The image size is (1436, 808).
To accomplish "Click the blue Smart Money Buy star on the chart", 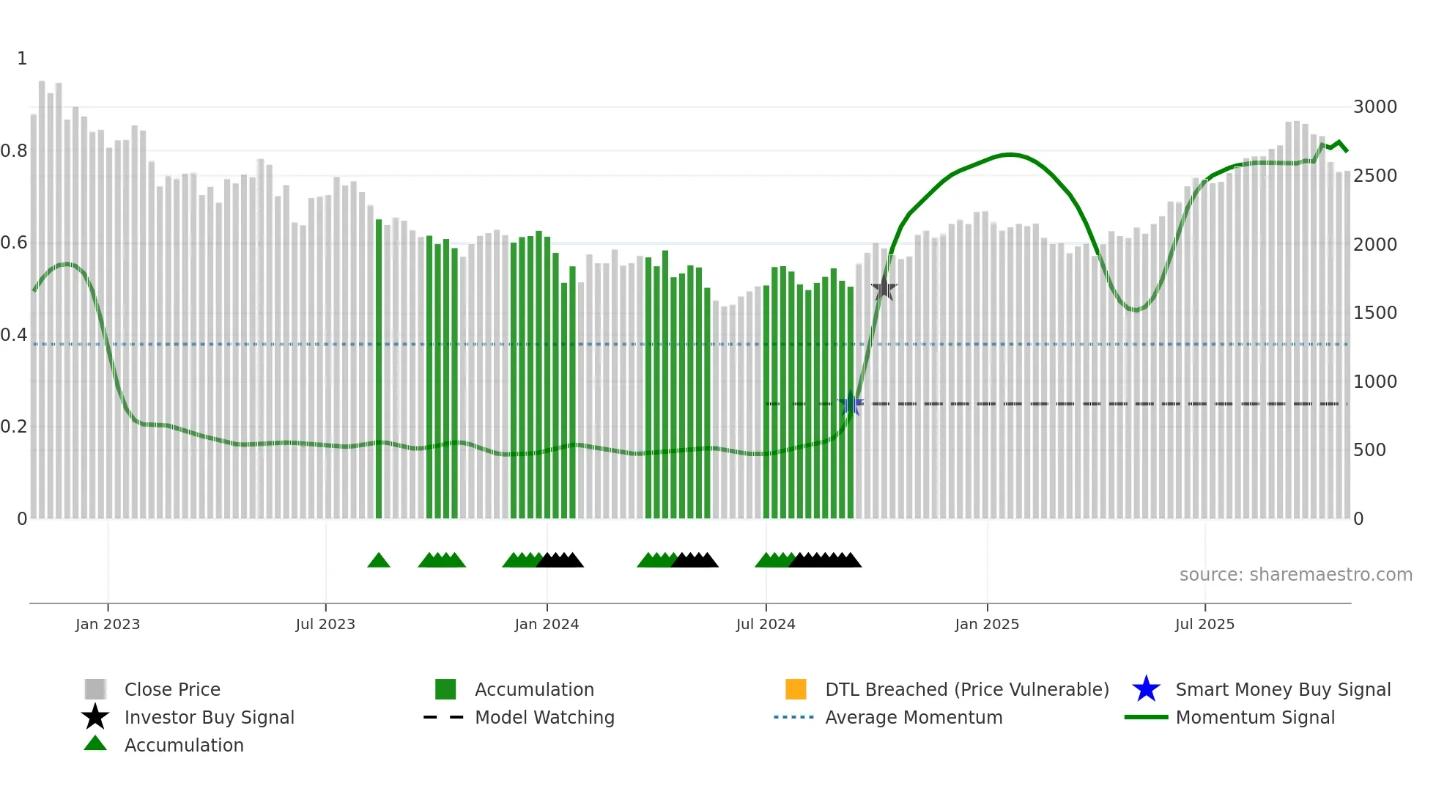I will click(x=851, y=404).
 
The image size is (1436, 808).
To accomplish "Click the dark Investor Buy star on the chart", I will click(x=884, y=288).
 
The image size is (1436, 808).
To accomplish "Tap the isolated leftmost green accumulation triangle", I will click(x=379, y=561).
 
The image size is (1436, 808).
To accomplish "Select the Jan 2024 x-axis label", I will click(x=547, y=624).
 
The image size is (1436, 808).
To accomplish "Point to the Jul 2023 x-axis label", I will click(x=325, y=624).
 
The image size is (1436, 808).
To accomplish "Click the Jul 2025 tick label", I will click(x=1204, y=624).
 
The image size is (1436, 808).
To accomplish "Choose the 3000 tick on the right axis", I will click(x=1374, y=107).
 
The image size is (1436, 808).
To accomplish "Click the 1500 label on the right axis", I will click(x=1374, y=313).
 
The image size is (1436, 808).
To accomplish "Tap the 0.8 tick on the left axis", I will click(x=15, y=151).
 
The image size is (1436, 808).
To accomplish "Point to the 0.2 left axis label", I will click(x=15, y=427).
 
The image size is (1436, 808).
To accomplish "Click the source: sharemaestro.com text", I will click(x=1295, y=575).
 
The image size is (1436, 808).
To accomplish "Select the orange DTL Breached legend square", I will click(x=796, y=689).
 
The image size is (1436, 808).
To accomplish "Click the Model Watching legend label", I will click(x=544, y=717).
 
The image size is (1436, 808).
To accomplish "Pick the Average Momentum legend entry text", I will click(x=914, y=717).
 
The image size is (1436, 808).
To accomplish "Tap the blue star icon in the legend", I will click(x=1146, y=689).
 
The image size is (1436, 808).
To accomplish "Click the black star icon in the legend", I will click(x=95, y=717).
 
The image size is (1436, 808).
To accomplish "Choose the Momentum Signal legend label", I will click(x=1255, y=717).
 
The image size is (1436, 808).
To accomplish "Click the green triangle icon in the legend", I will click(x=95, y=744).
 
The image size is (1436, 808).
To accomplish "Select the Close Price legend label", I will click(x=172, y=689).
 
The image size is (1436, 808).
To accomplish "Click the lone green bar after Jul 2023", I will click(x=379, y=367).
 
